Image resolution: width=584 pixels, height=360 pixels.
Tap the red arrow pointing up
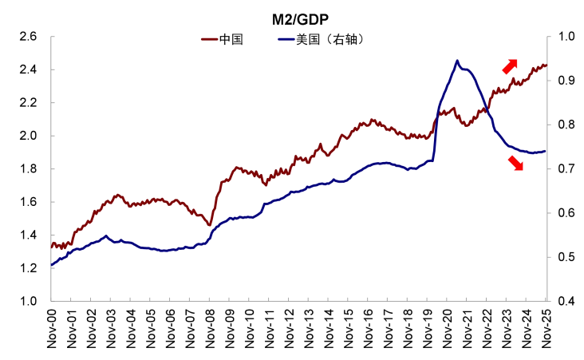(510, 66)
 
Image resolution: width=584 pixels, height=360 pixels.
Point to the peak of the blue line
(457, 60)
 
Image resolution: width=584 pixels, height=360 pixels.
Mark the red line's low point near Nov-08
(210, 225)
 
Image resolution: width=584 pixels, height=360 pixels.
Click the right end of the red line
(546, 65)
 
